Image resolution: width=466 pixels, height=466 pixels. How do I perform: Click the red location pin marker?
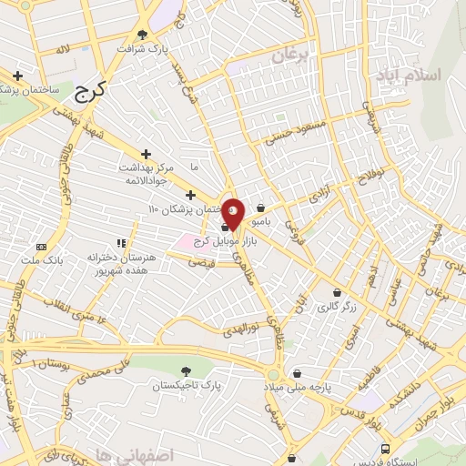tap(233, 214)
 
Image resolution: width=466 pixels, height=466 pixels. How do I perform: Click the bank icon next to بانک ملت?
tap(41, 247)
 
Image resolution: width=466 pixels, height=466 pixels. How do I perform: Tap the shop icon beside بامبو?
tap(262, 208)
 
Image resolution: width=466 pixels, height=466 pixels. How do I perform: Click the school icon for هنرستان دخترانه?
tap(120, 243)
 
